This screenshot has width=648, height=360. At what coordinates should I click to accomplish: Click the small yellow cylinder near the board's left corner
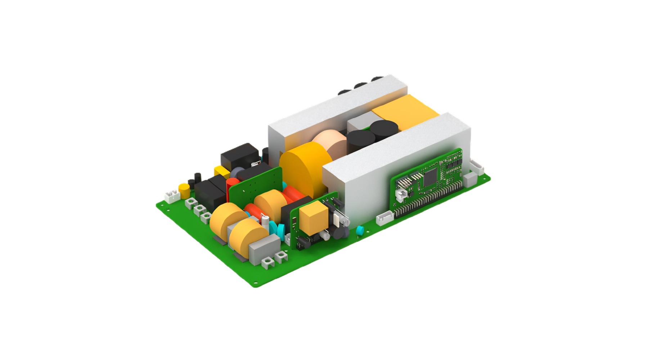click(184, 191)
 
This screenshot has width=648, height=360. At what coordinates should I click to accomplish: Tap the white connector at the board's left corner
click(172, 196)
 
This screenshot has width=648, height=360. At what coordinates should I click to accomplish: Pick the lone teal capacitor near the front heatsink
click(359, 230)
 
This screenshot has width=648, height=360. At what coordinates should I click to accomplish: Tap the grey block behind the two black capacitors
click(358, 124)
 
